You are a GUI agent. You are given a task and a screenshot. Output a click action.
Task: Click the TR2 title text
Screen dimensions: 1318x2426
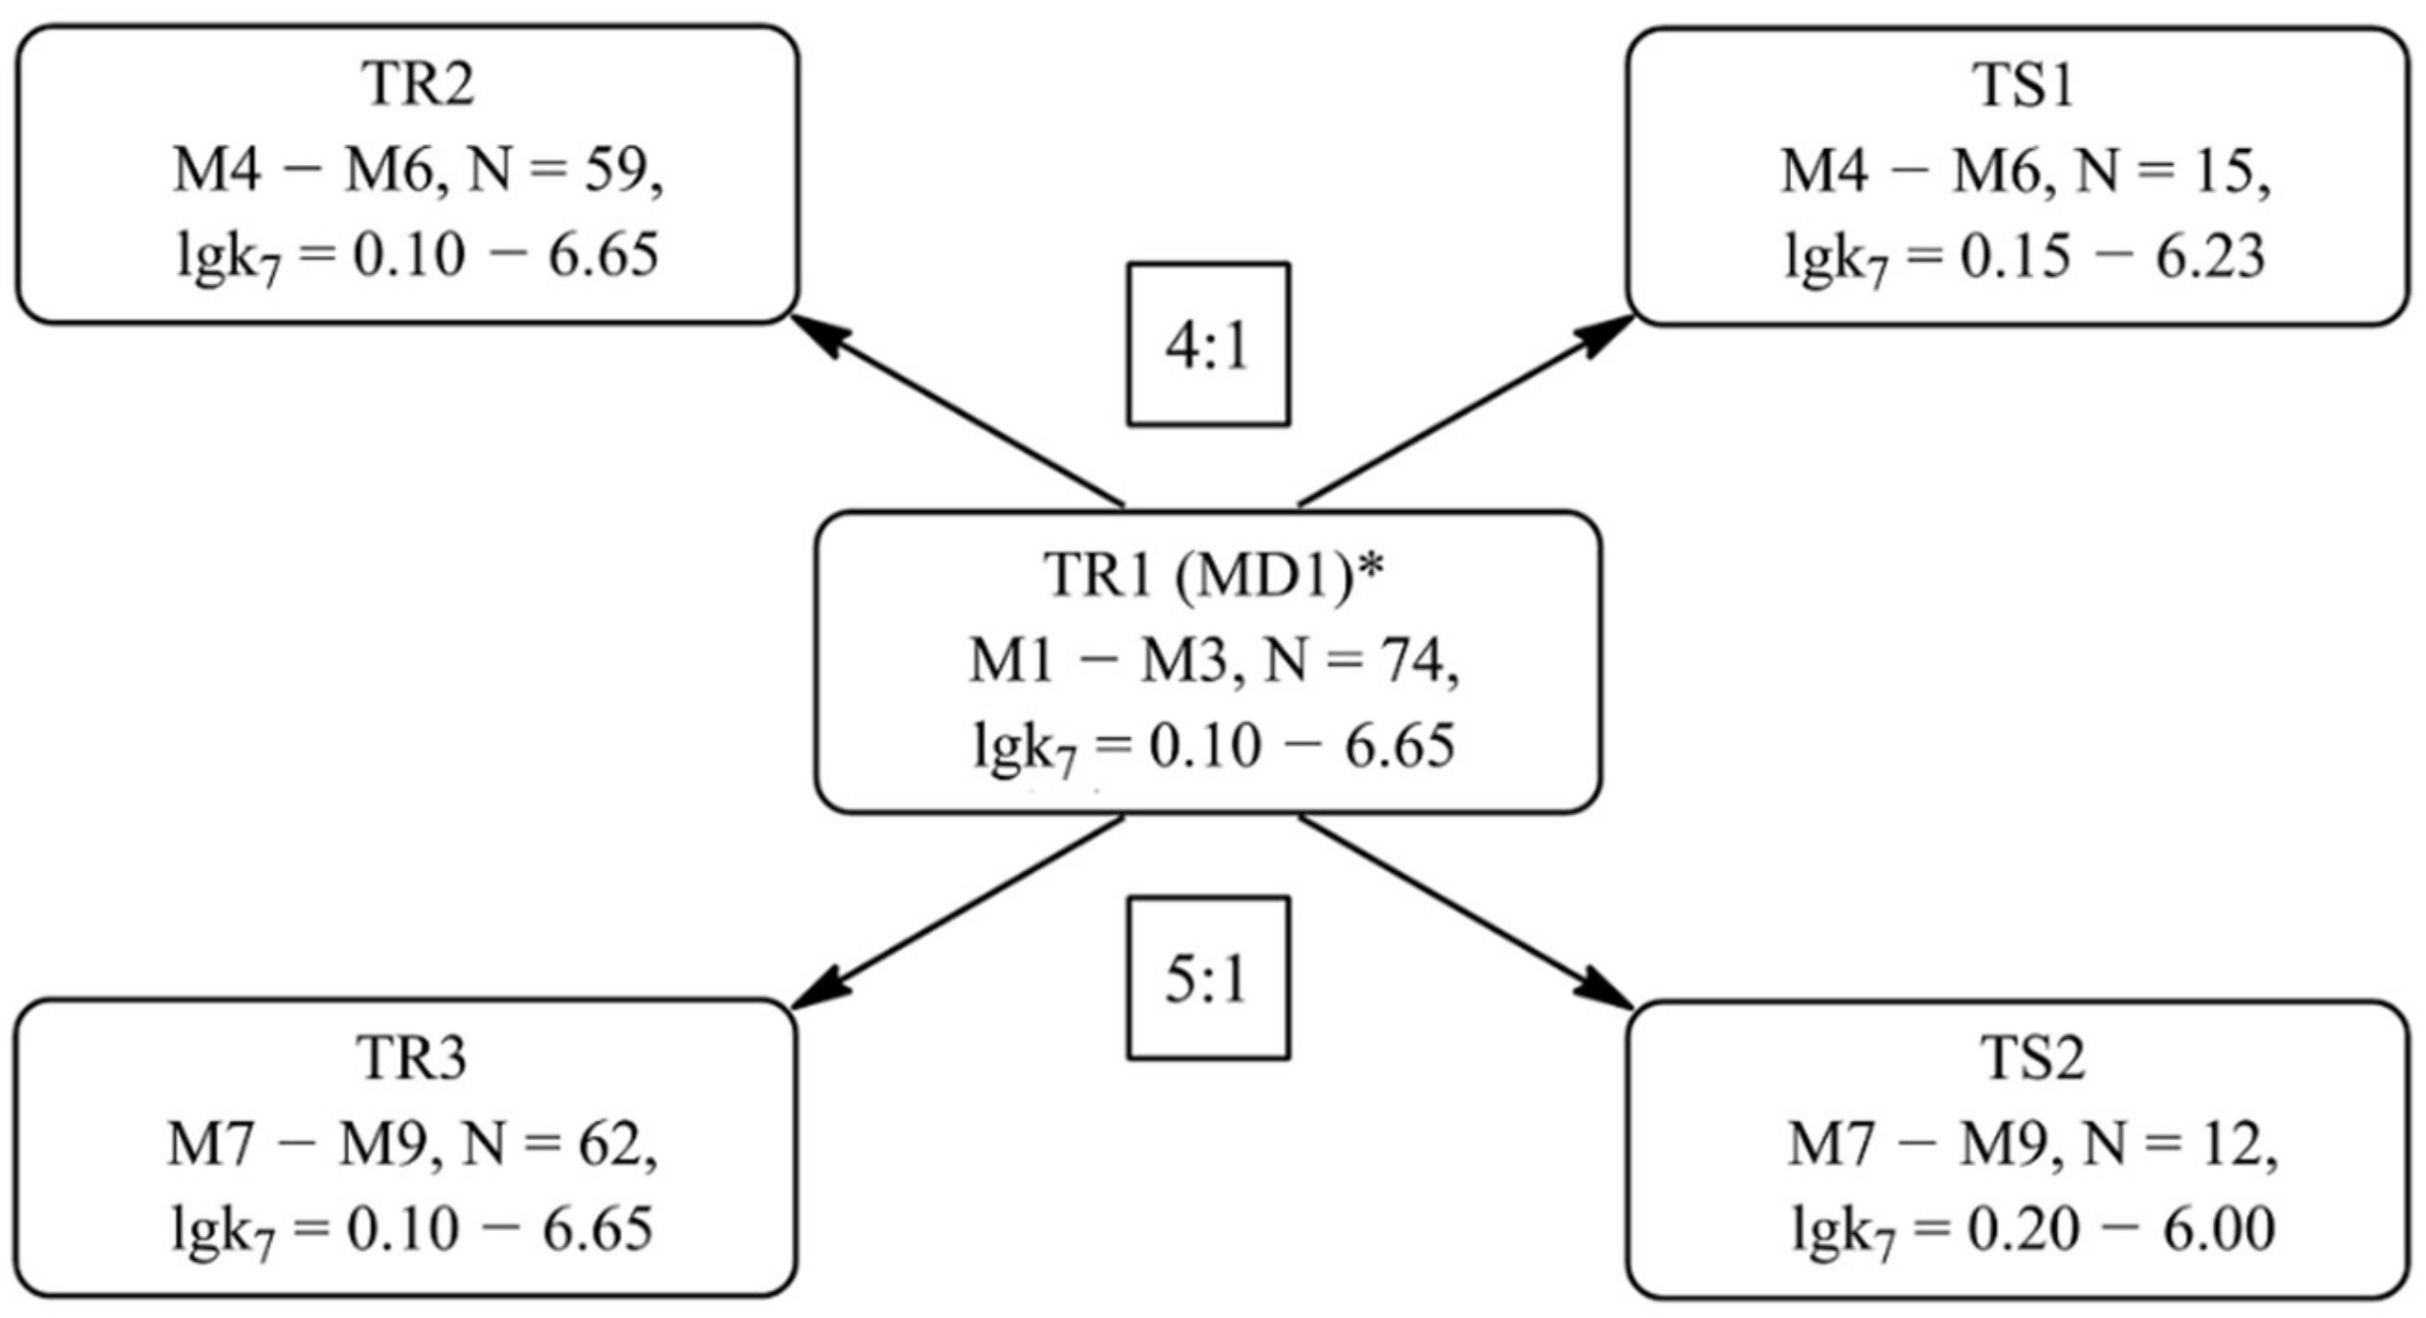pos(418,85)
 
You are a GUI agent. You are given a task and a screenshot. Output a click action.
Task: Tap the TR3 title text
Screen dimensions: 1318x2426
pos(411,1059)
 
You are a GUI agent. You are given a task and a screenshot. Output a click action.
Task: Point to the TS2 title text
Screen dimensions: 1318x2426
pos(2033,1059)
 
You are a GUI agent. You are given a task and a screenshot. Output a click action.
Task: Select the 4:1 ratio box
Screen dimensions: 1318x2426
pos(1208,344)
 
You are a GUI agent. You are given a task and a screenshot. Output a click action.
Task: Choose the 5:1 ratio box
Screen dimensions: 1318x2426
pos(1208,979)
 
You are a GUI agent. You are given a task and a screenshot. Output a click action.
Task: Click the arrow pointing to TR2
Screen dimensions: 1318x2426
pos(957,411)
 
